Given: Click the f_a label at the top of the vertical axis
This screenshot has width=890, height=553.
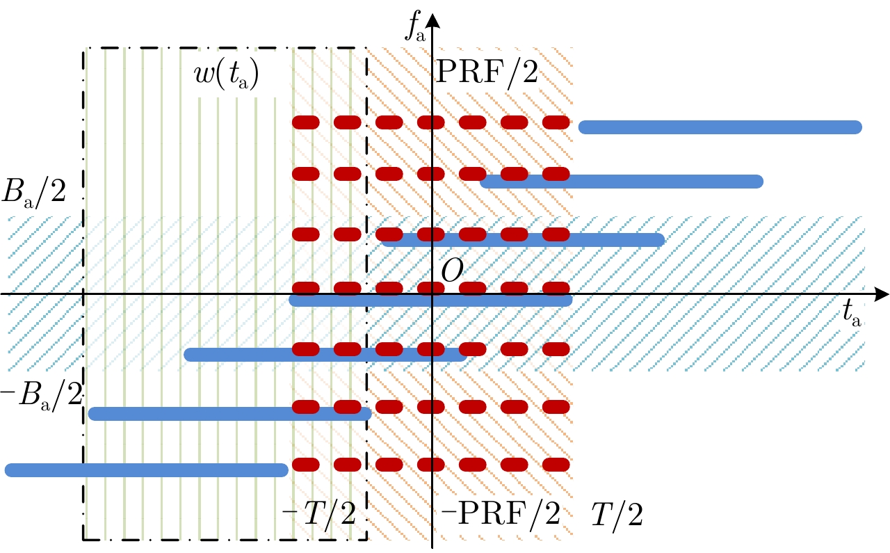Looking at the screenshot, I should pos(415,29).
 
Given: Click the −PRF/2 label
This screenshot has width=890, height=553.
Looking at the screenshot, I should pos(501,514).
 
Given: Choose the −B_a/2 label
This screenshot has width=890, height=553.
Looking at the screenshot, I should pos(42,395).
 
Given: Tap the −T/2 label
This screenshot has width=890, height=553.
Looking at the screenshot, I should pos(319,515).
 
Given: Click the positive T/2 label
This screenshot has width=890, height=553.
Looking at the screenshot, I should pos(617,515).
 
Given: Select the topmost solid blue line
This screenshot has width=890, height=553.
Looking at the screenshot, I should pos(720,127).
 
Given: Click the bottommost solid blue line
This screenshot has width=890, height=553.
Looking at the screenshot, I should pos(146,470).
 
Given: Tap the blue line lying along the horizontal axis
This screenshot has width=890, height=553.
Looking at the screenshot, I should pos(430,301).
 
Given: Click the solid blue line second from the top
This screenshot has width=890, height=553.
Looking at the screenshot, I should pos(622,182).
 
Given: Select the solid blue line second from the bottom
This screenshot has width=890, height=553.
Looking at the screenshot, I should pos(229,414).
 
